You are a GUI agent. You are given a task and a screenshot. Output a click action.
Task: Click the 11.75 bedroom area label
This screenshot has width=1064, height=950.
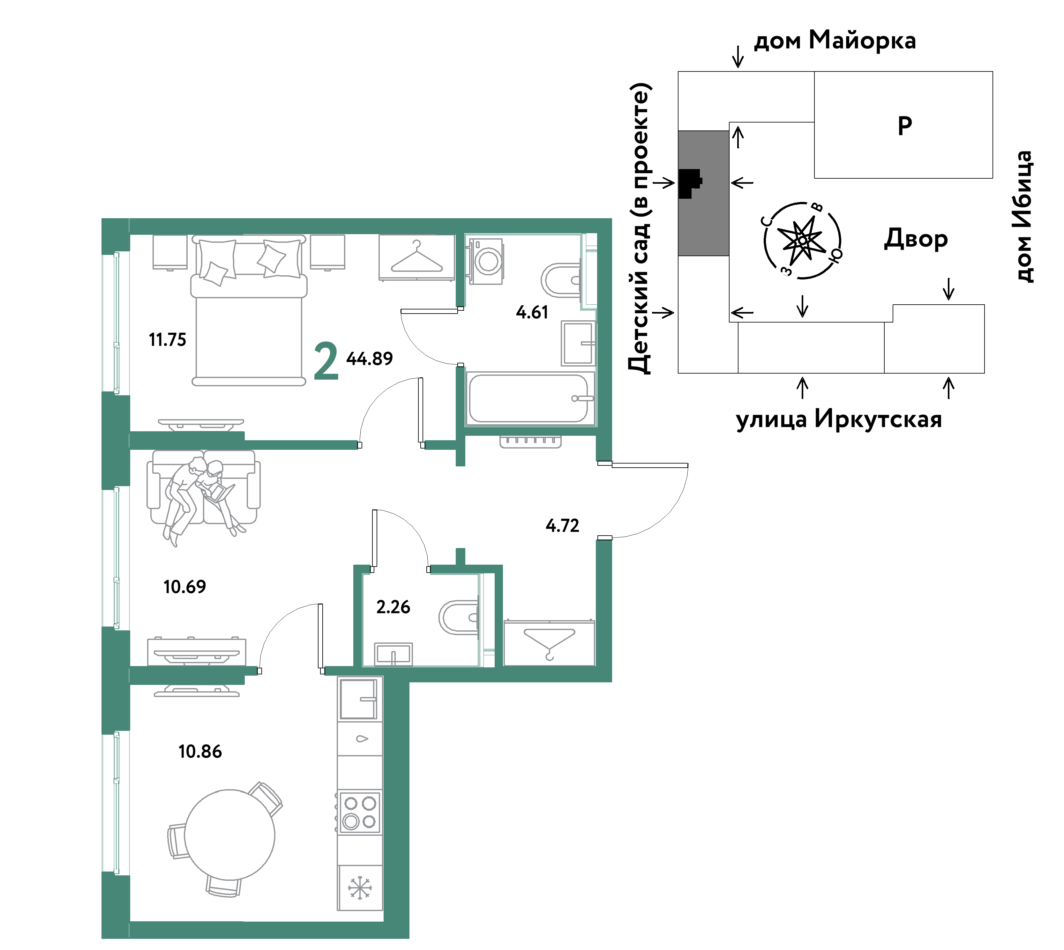[168, 340]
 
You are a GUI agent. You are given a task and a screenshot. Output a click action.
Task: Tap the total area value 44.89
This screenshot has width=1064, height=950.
[370, 359]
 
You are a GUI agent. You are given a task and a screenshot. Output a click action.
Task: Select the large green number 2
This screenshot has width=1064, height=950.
[326, 361]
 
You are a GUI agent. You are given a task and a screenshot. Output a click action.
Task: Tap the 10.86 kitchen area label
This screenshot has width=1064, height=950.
[200, 751]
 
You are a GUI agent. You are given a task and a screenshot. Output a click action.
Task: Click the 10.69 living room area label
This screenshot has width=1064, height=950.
[185, 587]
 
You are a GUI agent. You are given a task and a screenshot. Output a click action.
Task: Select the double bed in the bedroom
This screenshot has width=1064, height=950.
[249, 311]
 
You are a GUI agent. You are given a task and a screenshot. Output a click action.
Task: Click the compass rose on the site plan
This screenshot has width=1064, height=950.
[802, 240]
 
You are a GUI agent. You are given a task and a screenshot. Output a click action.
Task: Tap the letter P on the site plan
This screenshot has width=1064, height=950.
[905, 126]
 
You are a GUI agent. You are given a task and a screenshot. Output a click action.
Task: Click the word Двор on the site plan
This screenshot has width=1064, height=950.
[916, 239]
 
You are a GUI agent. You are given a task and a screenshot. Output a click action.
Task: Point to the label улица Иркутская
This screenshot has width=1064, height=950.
[839, 419]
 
